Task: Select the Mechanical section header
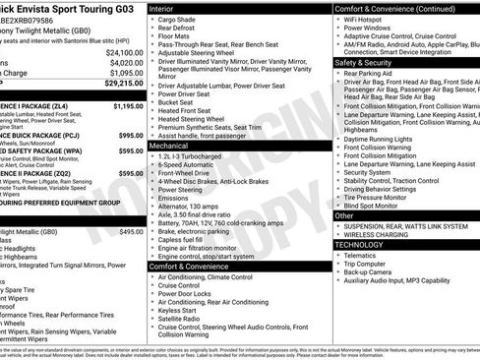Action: (172, 145)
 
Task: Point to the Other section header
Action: (344, 215)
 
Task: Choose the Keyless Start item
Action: (180, 308)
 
